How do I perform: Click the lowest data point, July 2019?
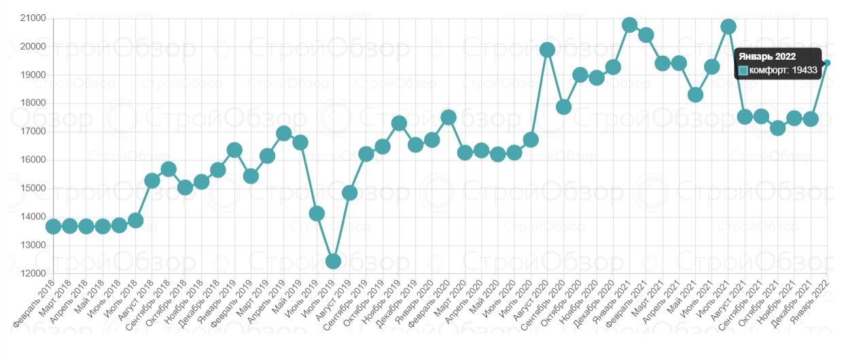pos(333,262)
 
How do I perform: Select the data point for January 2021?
pos(629,25)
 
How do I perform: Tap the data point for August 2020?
pos(547,50)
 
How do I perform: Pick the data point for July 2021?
pos(728,26)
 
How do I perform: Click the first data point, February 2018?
pos(53,226)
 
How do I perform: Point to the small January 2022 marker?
pos(827,62)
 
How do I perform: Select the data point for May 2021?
pos(695,95)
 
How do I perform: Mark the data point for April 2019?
pos(283,133)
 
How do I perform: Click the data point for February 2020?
pos(448,117)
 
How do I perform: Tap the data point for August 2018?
pos(152,181)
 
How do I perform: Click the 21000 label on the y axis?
pos(33,18)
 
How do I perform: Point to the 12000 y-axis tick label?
pos(33,274)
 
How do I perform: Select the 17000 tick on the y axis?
pos(33,132)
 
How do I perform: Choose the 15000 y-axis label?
pos(33,189)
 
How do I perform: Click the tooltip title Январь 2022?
pos(767,57)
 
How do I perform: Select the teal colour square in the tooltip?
pos(743,70)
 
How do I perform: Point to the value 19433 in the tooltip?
pos(804,70)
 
